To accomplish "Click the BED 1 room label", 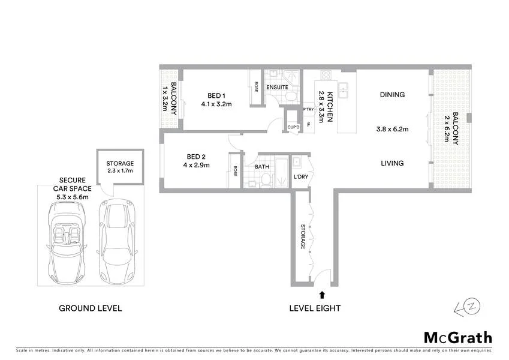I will pos(216,95).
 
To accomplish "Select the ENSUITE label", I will pos(278,88).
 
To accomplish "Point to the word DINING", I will pos(392,95).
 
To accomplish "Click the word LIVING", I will pos(391,163).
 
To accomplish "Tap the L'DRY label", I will pos(301,177).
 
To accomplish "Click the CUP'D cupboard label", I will pos(293,127).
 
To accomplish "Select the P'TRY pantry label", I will pos(308,110).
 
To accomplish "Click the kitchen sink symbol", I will pos(345,91).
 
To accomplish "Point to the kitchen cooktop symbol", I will pos(327,76).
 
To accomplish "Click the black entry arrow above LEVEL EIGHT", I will pos(323,294).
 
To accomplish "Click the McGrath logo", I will pos(458,338).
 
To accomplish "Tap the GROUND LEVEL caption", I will pos(90,308).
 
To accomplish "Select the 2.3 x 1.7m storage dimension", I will pos(120,171).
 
